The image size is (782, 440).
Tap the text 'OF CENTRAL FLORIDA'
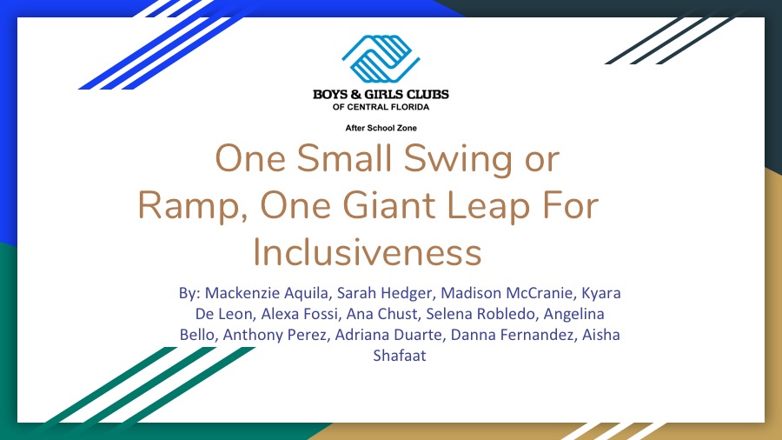pyautogui.click(x=381, y=107)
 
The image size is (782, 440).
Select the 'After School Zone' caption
pyautogui.click(x=381, y=128)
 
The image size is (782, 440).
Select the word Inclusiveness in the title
pyautogui.click(x=367, y=252)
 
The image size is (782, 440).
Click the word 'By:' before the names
pyautogui.click(x=189, y=293)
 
